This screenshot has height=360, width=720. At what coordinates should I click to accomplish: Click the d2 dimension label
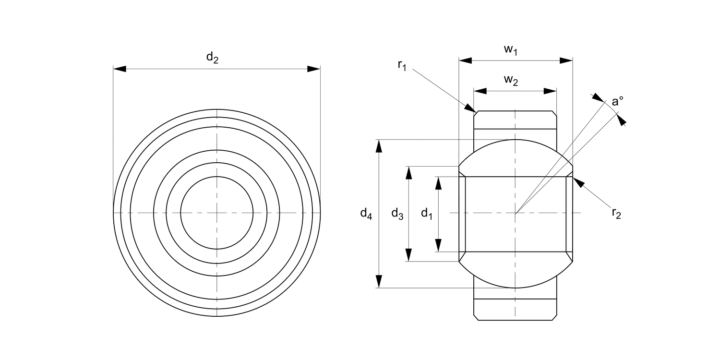(212, 58)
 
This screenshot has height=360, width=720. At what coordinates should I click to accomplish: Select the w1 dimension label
(510, 50)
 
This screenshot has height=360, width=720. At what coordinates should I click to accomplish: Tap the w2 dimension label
(511, 81)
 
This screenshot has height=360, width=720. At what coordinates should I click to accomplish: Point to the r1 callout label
(402, 66)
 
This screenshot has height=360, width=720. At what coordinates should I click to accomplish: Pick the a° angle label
(617, 102)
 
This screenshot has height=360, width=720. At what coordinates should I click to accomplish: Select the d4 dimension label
(366, 213)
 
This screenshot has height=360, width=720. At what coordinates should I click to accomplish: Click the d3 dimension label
(397, 213)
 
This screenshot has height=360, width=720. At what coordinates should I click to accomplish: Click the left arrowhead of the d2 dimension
(120, 69)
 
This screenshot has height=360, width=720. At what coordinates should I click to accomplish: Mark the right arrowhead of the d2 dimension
(314, 69)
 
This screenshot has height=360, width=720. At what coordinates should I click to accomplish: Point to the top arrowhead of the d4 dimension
(379, 146)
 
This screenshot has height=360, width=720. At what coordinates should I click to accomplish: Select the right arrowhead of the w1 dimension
(567, 61)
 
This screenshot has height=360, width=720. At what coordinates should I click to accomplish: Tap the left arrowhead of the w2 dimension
(480, 91)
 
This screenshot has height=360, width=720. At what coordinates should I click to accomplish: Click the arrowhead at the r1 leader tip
(470, 108)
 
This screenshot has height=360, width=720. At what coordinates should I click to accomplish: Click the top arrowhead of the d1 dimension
(438, 183)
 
